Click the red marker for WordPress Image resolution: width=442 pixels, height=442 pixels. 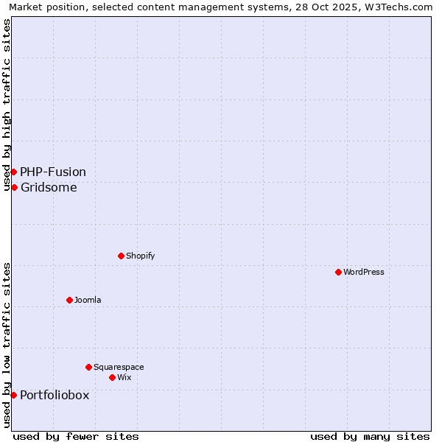(338, 272)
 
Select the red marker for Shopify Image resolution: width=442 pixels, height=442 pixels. (121, 256)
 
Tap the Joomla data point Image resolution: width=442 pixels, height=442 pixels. (69, 300)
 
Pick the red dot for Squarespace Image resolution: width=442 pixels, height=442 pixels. (88, 367)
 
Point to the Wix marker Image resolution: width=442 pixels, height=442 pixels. (112, 377)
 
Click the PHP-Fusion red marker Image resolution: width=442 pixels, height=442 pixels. (13, 172)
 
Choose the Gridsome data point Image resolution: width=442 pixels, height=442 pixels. (14, 187)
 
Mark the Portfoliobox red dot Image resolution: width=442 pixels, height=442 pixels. (13, 395)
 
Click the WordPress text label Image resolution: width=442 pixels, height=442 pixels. (364, 272)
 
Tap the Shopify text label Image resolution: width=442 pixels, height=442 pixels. (141, 256)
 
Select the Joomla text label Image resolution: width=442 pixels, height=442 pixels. (88, 300)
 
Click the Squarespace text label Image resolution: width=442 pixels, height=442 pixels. (119, 367)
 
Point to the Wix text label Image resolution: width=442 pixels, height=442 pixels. (124, 377)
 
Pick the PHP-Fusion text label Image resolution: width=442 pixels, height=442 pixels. (53, 172)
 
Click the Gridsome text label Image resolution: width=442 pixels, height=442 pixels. (49, 187)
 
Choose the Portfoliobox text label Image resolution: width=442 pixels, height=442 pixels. (55, 395)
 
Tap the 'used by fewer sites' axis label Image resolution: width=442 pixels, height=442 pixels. (76, 436)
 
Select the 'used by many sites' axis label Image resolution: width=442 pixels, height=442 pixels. (370, 436)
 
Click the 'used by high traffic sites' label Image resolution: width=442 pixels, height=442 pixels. (7, 105)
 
